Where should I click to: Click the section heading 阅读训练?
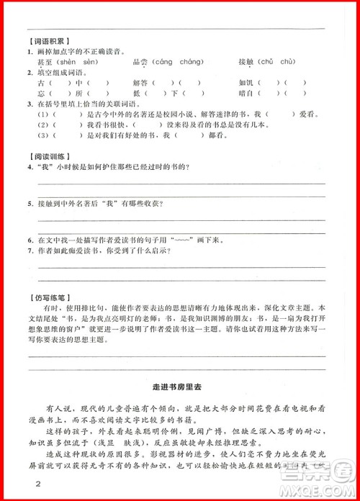[48, 156]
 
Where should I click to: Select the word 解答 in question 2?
[141, 83]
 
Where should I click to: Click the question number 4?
[30, 168]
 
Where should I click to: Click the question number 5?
[30, 204]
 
